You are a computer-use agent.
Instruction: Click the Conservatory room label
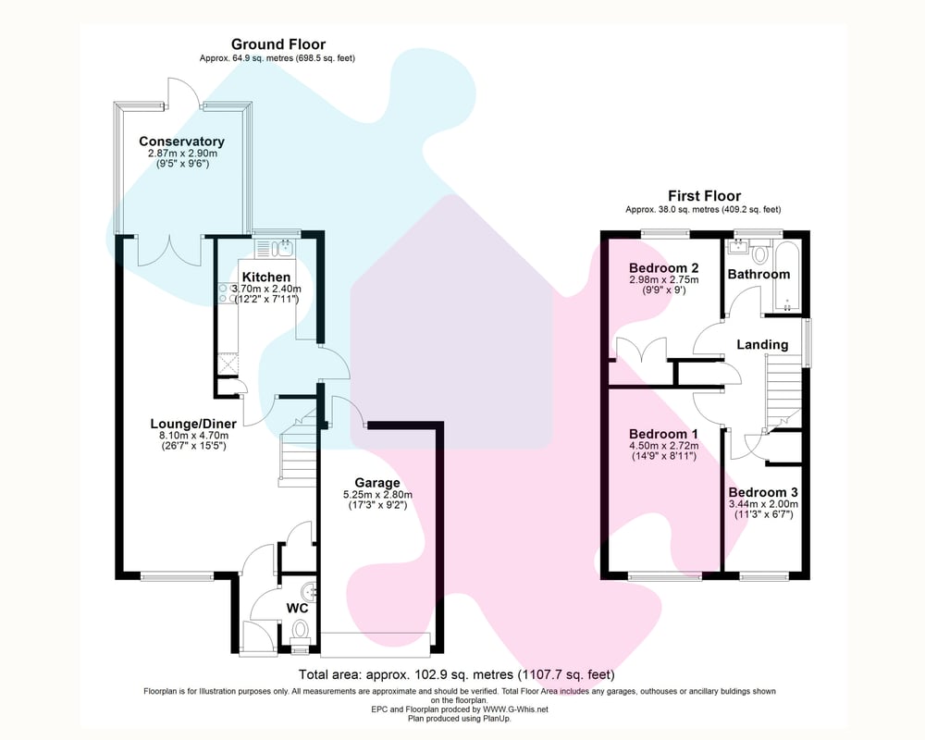coord(181,142)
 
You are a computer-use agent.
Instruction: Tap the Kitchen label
coord(266,277)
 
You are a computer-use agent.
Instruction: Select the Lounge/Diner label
coord(193,424)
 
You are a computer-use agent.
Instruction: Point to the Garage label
coord(377,483)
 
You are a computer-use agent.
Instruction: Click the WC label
coord(297,609)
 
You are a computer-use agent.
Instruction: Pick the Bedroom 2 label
coord(663,268)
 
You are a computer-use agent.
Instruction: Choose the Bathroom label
coord(758,275)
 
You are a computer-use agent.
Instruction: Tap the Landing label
coord(762,345)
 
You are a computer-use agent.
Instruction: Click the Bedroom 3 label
coord(763,492)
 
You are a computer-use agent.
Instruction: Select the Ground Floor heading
coord(277,44)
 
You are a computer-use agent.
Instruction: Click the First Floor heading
coord(704,196)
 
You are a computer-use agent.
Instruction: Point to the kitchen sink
coord(275,248)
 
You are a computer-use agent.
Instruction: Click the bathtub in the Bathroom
coord(786,277)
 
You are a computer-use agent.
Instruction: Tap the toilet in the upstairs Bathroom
coord(759,253)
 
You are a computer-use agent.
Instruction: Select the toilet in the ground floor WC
coord(300,629)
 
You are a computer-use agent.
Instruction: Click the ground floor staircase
coord(297,450)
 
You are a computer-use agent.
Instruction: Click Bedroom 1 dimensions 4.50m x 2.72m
coord(663,446)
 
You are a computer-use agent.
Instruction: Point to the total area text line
coord(457,674)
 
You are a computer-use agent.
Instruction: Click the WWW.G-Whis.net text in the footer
coord(515,709)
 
